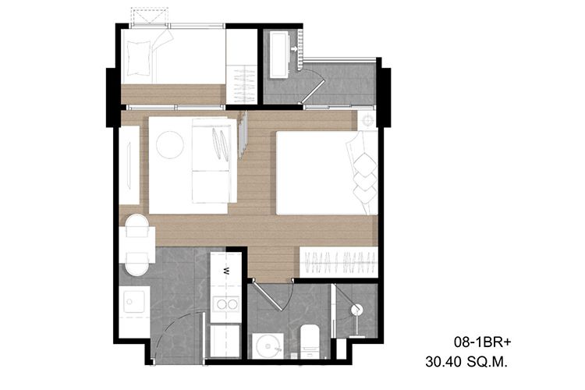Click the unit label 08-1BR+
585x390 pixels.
point(482,342)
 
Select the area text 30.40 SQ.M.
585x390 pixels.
point(466,362)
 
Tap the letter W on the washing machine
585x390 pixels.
point(226,271)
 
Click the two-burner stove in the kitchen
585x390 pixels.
point(227,304)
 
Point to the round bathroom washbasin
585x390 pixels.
point(268,346)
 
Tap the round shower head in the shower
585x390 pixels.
point(356,310)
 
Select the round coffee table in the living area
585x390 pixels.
point(170,145)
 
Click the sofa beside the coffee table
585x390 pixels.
point(214,161)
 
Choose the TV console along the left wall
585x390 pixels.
point(129,165)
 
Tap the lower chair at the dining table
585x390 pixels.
point(136,264)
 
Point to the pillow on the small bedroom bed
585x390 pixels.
point(139,58)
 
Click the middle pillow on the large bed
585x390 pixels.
point(365,180)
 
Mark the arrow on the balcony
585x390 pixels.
point(294,48)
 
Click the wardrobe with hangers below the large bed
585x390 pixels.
point(339,261)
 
